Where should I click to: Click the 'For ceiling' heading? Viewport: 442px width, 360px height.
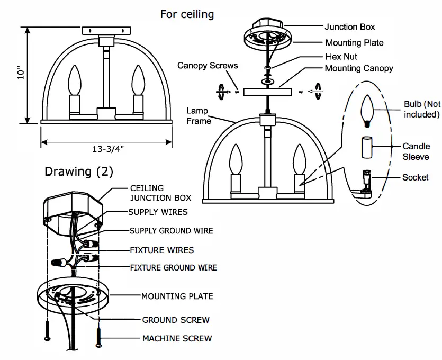187,14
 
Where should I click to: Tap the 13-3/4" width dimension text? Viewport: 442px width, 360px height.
107,149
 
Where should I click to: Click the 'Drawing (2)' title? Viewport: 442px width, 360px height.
78,172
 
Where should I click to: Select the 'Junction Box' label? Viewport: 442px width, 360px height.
349,26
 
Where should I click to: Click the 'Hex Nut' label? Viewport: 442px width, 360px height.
341,56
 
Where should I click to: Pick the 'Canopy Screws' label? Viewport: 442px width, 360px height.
208,66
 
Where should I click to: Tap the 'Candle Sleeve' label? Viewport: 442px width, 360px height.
416,151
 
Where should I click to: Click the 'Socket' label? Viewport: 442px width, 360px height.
415,177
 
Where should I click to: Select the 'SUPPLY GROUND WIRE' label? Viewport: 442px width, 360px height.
172,231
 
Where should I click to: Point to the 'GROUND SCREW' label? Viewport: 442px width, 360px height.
175,320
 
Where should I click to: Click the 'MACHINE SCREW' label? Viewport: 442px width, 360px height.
177,338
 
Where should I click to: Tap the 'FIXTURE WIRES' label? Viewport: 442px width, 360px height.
162,250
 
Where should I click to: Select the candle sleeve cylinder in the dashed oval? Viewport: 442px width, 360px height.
366,147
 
